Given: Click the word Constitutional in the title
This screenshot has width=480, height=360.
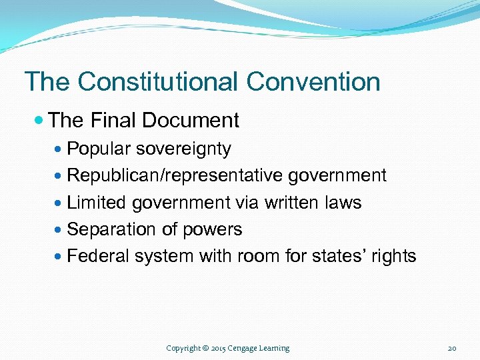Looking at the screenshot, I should [x=157, y=82].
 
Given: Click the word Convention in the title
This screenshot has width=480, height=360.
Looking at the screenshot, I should [x=313, y=82].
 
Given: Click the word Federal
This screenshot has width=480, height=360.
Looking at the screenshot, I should [x=98, y=256].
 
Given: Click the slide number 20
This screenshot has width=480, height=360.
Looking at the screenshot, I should [x=452, y=348].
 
